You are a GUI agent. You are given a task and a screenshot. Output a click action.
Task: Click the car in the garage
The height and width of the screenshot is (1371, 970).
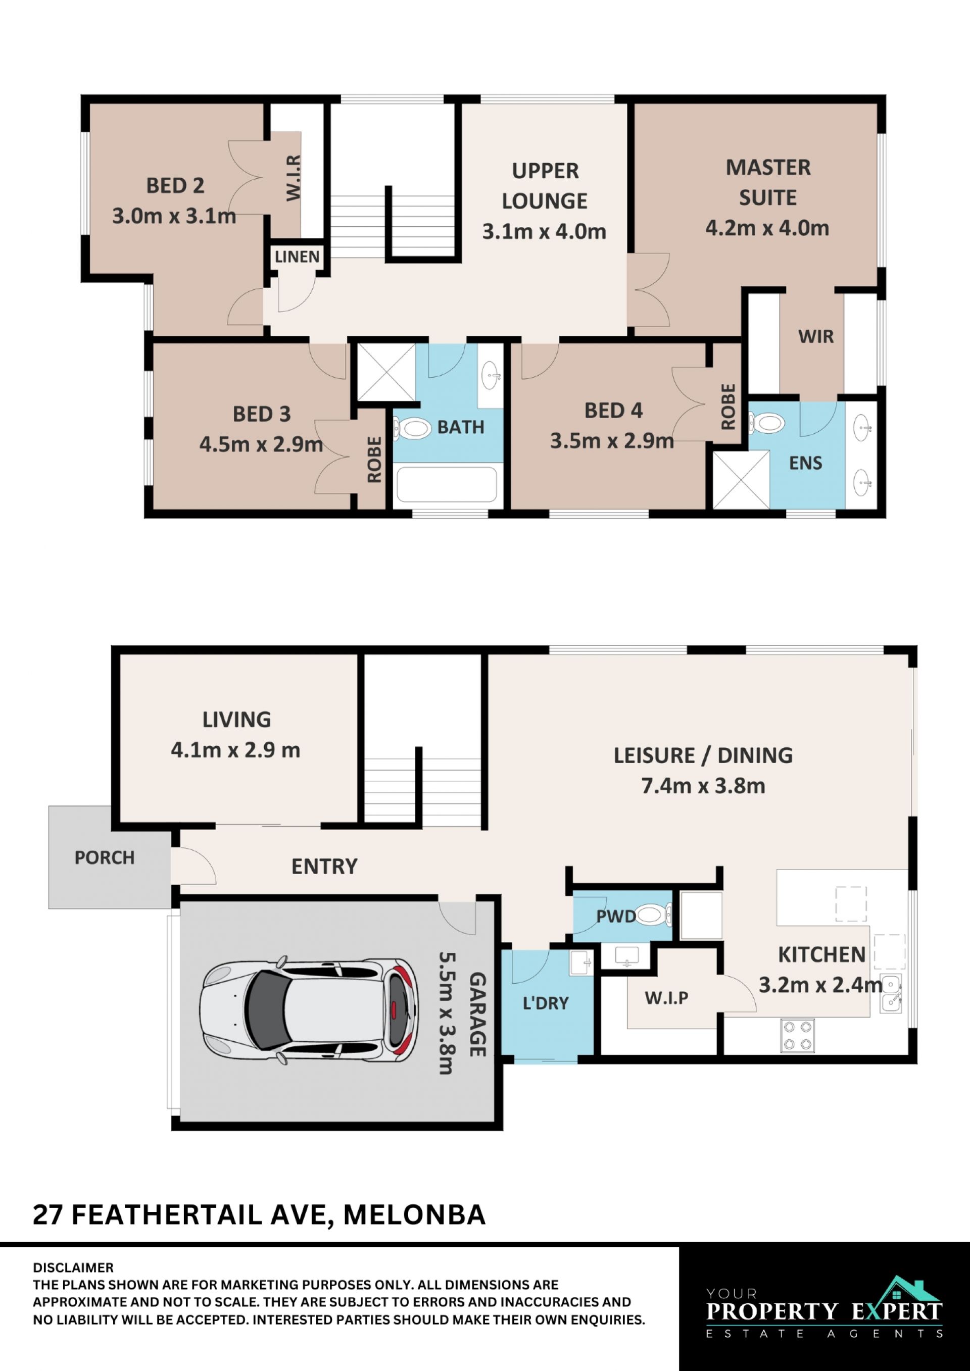(309, 1011)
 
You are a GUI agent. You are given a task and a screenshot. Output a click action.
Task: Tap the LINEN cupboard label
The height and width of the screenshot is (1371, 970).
(297, 257)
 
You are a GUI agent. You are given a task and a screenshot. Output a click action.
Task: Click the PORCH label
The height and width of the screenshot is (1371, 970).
(105, 857)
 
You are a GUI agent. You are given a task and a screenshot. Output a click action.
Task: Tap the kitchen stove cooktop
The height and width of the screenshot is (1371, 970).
(797, 1035)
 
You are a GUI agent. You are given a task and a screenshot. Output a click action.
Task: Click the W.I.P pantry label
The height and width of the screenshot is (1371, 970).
(666, 997)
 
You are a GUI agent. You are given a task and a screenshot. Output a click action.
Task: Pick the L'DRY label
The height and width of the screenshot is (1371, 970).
(545, 1003)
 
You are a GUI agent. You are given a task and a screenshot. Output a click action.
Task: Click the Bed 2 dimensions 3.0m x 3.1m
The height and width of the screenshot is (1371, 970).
(174, 216)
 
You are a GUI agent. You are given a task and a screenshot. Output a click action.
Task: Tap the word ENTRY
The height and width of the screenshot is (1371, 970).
(324, 867)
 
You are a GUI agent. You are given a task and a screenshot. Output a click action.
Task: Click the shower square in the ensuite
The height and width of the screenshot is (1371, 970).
(741, 480)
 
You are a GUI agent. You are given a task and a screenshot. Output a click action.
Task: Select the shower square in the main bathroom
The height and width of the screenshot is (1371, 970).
(386, 372)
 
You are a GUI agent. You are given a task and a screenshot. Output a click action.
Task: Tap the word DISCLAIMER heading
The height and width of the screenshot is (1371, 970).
(73, 1267)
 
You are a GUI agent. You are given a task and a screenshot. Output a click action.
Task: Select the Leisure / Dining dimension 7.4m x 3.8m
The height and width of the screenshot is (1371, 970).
(703, 786)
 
